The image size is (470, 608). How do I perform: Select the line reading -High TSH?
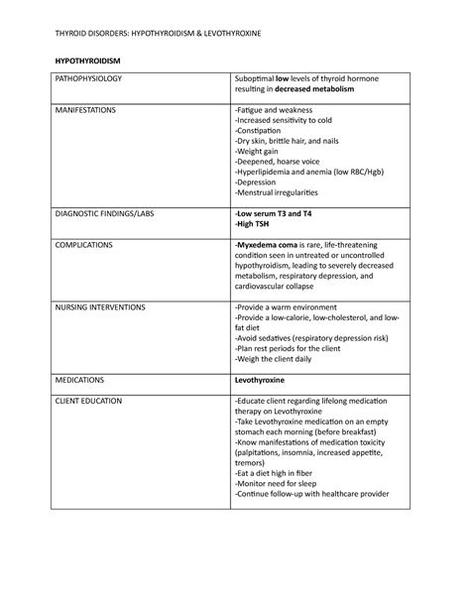254,224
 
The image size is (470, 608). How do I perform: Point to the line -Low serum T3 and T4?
277,213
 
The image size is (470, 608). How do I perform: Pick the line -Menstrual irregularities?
283,192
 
